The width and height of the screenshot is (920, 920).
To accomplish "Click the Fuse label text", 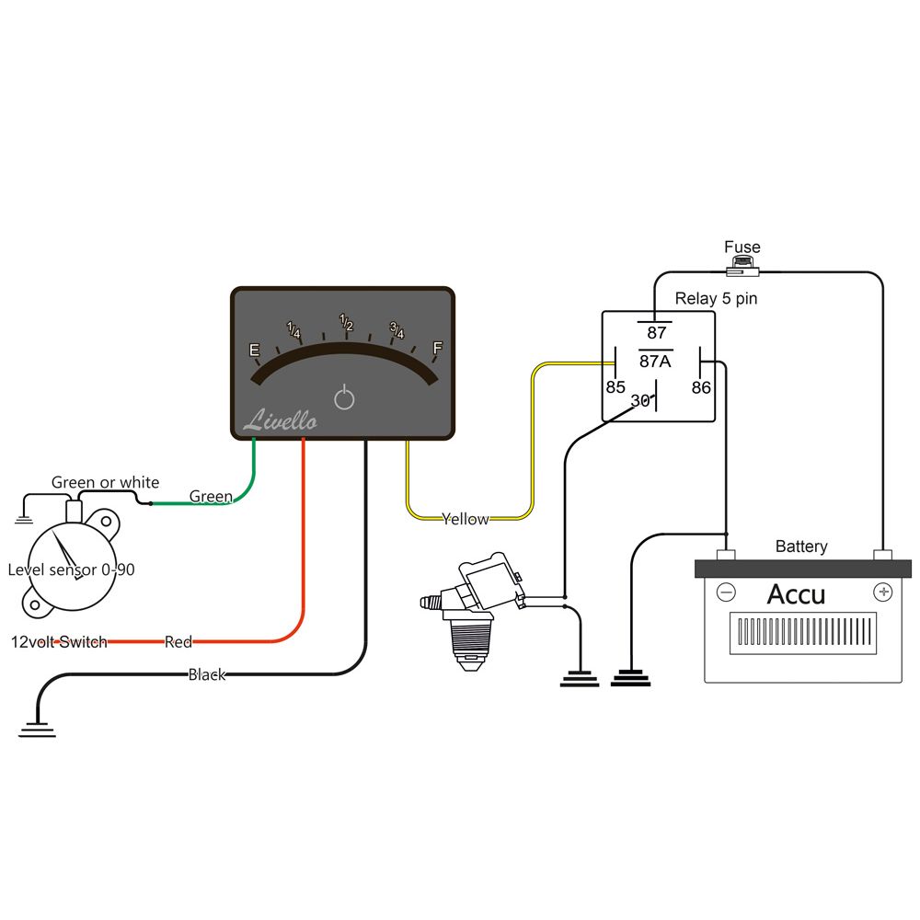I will coord(742,247).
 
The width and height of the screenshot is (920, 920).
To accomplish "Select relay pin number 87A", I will coord(656,361).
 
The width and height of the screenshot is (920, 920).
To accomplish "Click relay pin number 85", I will coord(615,387).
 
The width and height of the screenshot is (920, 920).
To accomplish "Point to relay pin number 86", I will coord(701,387).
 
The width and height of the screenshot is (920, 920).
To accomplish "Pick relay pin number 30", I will coord(640,401).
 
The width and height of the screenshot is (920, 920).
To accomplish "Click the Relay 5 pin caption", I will coord(716,298).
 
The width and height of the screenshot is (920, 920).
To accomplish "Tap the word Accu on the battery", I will coord(796,593).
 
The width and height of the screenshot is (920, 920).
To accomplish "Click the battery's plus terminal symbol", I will coord(883,591).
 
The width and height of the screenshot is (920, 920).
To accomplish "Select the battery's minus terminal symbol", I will coord(726,592).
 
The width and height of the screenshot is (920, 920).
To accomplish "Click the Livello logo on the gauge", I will coord(280,421).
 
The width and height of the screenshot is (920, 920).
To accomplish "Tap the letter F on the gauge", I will coord(437,348).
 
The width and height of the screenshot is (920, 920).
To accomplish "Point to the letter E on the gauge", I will coord(255,351).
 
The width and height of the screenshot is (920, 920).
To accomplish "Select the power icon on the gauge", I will coord(343,398).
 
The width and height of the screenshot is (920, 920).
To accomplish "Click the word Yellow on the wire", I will coord(466,519).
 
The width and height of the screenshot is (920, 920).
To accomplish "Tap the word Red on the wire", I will coord(178,641).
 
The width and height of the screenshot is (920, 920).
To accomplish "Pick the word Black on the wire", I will coord(207,674).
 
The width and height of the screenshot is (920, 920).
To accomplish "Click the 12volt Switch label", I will coord(59,641).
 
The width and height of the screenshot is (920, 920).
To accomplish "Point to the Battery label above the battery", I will coord(800,546).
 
